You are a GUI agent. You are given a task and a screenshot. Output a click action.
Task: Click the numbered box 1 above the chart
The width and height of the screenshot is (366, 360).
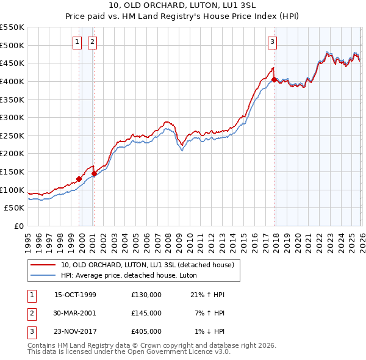tap(77, 42)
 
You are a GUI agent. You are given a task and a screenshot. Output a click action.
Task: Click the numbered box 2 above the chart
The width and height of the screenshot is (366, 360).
tap(92, 42)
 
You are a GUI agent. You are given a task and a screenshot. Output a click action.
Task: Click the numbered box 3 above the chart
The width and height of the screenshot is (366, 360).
tap(271, 42)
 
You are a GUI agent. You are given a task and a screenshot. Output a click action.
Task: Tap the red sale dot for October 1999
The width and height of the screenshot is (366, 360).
tap(79, 179)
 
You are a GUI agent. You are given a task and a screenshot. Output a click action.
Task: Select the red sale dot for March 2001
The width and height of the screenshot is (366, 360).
tap(94, 173)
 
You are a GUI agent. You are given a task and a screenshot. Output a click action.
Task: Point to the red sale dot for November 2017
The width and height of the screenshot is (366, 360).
tap(274, 79)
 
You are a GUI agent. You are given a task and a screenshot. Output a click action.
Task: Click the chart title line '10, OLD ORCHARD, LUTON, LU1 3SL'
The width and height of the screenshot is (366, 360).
tap(182, 6)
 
